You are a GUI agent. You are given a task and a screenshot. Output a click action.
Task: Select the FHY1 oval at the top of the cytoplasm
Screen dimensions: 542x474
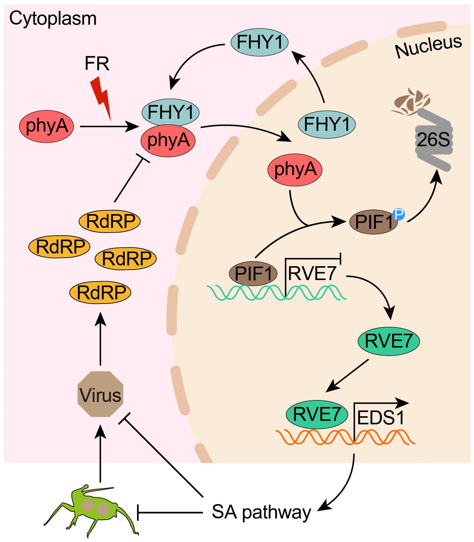[259, 42]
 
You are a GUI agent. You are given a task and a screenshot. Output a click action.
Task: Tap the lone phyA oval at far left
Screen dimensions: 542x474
[46, 126]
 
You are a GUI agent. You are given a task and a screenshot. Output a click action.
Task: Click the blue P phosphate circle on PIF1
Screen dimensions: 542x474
[398, 214]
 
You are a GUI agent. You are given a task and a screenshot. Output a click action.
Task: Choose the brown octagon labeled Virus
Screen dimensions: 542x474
[100, 394]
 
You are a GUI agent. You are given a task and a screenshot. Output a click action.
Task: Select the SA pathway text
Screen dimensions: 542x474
[261, 512]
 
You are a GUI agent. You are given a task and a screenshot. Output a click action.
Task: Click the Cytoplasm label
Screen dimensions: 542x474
[53, 19]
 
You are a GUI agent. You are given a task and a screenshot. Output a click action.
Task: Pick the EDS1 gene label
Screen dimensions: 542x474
[381, 418]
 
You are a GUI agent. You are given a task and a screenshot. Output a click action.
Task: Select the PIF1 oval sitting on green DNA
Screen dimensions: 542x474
[253, 274]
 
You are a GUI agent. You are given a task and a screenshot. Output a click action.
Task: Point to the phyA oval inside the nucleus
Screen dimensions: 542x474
[295, 169]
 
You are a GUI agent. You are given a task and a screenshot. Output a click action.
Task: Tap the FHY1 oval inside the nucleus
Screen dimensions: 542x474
[327, 124]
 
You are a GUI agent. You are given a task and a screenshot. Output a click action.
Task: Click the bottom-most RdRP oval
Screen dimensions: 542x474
[100, 292]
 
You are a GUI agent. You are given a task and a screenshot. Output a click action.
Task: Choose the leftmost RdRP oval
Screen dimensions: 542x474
[59, 247]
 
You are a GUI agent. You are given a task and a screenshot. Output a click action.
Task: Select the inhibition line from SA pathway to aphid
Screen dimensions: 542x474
[170, 513]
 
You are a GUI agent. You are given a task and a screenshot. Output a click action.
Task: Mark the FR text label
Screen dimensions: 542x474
[97, 64]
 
